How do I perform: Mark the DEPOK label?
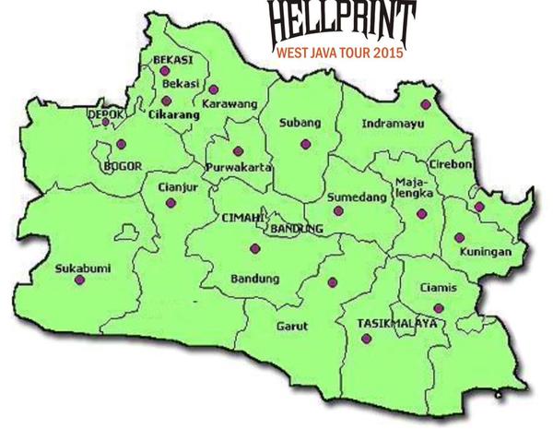[104, 113]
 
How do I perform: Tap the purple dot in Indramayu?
[425, 104]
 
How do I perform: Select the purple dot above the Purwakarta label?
[239, 150]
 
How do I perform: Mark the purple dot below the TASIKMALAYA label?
[367, 340]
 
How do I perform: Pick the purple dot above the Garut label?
[333, 282]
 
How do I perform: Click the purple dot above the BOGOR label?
[121, 144]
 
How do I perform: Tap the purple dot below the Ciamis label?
[439, 307]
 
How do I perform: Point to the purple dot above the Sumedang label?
[338, 210]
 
